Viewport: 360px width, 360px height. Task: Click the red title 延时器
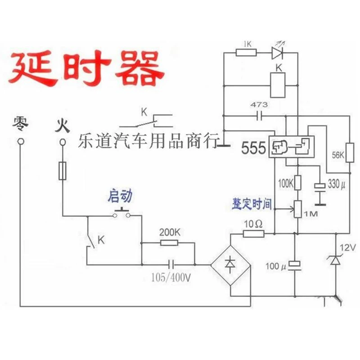(x=86, y=68)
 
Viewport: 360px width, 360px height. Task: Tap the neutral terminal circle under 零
(x=21, y=141)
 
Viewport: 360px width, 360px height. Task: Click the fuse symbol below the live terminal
(x=63, y=171)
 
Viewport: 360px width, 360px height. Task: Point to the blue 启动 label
(x=120, y=196)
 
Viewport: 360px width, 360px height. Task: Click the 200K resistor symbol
(x=169, y=243)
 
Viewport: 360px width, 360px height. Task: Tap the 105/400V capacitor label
(x=171, y=278)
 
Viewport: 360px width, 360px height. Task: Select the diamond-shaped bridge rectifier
(x=230, y=265)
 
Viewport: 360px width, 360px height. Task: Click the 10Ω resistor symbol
(x=253, y=234)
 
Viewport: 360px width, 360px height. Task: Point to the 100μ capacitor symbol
(x=295, y=265)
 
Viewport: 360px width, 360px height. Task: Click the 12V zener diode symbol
(x=336, y=260)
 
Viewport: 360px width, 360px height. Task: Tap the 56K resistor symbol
(x=350, y=153)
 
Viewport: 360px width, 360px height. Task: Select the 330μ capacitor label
(x=336, y=184)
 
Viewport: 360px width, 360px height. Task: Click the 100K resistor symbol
(x=298, y=183)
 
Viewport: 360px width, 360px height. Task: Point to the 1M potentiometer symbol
(x=298, y=209)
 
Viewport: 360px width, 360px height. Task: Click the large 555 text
(x=253, y=148)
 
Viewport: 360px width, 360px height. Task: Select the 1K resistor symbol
(x=246, y=53)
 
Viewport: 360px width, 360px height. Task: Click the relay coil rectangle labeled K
(x=278, y=85)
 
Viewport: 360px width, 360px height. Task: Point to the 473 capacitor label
(x=259, y=105)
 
